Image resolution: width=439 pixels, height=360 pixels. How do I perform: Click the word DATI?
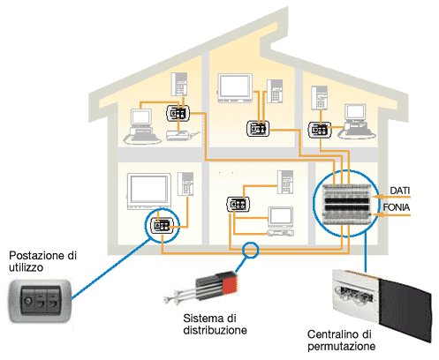click(x=399, y=191)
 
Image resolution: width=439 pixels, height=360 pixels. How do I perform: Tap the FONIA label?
click(x=397, y=207)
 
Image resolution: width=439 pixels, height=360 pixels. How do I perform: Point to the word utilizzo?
click(x=26, y=267)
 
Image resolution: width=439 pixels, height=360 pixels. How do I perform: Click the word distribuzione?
click(x=215, y=330)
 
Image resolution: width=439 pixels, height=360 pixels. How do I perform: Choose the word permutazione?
click(x=342, y=346)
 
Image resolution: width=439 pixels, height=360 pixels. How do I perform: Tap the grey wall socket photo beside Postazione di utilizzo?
click(x=40, y=301)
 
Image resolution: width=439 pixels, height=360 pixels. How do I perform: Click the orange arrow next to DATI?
click(x=390, y=196)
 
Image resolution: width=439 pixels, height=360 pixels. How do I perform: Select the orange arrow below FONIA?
click(x=391, y=214)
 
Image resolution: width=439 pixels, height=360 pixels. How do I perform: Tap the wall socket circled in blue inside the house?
click(x=163, y=226)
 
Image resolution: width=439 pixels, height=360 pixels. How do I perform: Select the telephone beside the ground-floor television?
click(x=185, y=184)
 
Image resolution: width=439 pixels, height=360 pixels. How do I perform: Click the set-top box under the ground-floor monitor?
click(x=280, y=233)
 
